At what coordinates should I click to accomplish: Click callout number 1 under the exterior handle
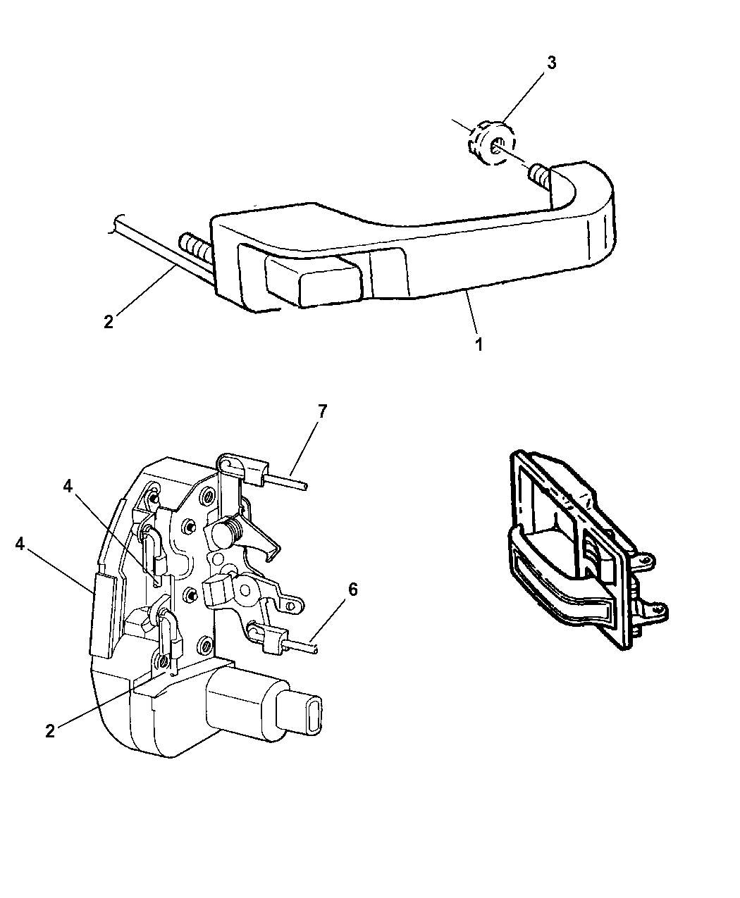[x=479, y=346]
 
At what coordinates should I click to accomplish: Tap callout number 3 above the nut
[x=551, y=63]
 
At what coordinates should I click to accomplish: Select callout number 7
[x=322, y=412]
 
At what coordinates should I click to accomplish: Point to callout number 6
[x=352, y=589]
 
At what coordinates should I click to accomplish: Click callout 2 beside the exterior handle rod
[x=108, y=321]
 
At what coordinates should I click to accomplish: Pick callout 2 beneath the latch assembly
[x=49, y=730]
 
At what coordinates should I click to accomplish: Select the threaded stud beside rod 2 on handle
[x=195, y=247]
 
